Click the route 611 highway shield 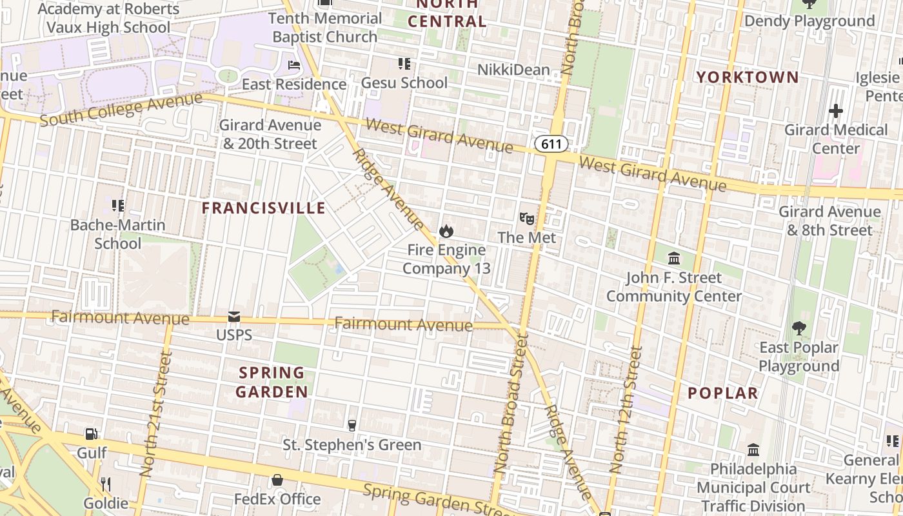[551, 144]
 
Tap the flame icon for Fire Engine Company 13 [446, 231]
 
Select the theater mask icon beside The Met [527, 219]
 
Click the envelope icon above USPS [233, 317]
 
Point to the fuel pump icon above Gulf [92, 434]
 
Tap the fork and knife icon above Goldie [106, 484]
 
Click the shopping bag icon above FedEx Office [277, 480]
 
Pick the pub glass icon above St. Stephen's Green [352, 425]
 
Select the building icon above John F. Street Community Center [674, 259]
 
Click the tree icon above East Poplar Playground [799, 328]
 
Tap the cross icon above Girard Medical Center [836, 111]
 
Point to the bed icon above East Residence [294, 65]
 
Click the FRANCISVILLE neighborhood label [264, 208]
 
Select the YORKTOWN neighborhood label [748, 77]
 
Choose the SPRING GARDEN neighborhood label [272, 382]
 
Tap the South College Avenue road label [121, 110]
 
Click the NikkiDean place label [513, 70]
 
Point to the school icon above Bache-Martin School [117, 206]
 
